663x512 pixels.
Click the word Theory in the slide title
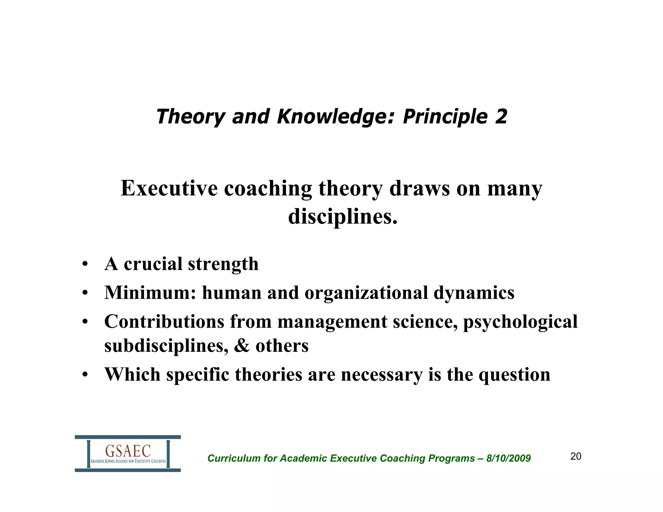click(x=191, y=117)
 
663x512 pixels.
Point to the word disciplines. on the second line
click(x=343, y=216)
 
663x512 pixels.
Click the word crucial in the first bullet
click(x=153, y=264)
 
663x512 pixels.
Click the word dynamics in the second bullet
click(x=474, y=293)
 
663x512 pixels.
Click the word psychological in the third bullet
click(x=520, y=322)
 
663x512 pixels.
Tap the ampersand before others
click(x=242, y=346)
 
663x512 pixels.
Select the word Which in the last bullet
click(x=132, y=374)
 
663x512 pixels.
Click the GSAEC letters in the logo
click(x=128, y=451)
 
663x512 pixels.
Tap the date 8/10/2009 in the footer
click(x=508, y=458)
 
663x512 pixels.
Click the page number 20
click(x=576, y=456)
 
